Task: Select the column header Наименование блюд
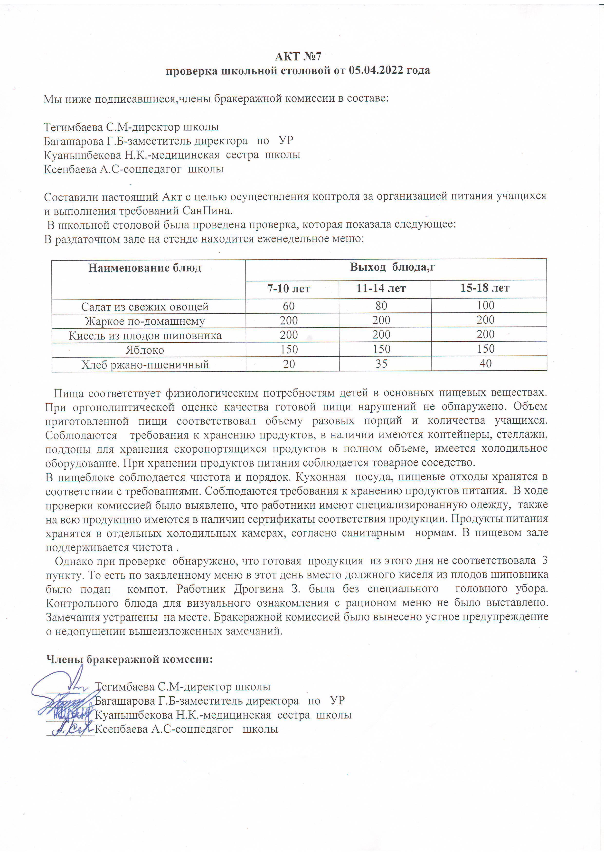pos(145,268)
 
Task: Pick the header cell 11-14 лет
pos(381,288)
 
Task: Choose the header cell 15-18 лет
pos(485,288)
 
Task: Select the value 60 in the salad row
pos(289,306)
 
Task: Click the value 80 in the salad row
pos(381,306)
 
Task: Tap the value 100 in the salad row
pos(486,305)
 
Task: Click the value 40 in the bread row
pos(486,363)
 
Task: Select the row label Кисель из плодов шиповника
pos(145,336)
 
